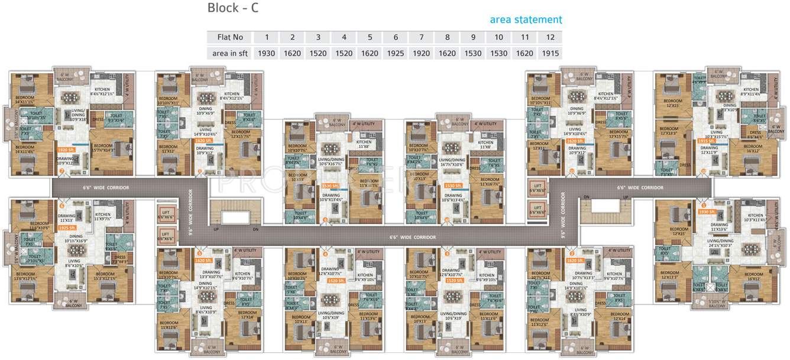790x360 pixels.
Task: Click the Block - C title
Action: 233,8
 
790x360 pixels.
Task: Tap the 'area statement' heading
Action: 526,20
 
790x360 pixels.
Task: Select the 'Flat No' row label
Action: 230,37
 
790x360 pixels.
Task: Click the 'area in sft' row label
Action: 230,53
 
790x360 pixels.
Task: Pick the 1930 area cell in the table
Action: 267,53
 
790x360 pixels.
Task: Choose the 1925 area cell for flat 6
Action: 395,53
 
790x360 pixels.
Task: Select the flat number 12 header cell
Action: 550,37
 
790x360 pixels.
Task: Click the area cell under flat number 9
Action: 472,53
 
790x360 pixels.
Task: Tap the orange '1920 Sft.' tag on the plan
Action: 66,150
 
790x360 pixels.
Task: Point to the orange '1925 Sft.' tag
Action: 67,228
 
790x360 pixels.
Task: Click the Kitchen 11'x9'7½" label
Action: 103,217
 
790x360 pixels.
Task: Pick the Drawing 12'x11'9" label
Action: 710,150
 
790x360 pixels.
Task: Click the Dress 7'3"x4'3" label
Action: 120,259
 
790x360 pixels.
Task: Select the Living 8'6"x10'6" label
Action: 74,264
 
